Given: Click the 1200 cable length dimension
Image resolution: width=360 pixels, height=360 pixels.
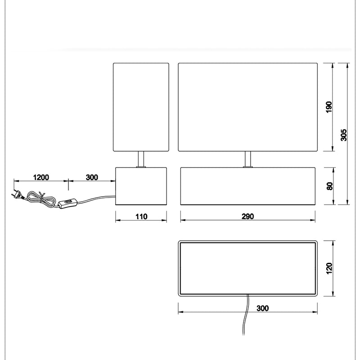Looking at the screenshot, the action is tap(41, 177).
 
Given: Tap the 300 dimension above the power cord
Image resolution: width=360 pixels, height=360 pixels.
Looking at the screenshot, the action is tap(92, 177).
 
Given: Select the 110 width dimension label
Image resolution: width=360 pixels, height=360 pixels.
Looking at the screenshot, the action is tap(141, 216).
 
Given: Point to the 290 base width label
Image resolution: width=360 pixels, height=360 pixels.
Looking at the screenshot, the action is tap(248, 216).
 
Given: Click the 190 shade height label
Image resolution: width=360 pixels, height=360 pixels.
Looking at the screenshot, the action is tap(329, 107).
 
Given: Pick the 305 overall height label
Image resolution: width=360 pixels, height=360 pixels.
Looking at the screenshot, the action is tap(343, 135).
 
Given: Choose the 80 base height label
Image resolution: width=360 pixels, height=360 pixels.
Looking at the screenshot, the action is tap(329, 186).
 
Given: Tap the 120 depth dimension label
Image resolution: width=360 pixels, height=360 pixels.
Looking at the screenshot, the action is tap(329, 268).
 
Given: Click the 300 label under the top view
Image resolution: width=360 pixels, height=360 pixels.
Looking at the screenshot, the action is tap(262, 308).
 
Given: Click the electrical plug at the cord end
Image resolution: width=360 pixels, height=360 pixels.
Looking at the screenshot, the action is tap(17, 194).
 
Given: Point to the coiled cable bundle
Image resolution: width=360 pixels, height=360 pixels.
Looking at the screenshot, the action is tap(41, 199).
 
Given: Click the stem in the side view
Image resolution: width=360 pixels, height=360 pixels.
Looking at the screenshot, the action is tap(141, 159).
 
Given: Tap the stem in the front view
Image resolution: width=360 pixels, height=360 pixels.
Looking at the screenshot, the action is tap(248, 159).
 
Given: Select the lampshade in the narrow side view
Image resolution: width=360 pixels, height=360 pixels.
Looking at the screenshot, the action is tap(141, 107).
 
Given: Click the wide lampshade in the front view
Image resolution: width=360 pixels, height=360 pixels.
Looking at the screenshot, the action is tap(248, 107).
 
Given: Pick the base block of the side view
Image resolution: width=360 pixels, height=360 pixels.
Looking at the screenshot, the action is tap(141, 186).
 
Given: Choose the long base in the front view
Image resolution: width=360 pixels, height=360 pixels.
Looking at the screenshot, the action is tap(248, 186).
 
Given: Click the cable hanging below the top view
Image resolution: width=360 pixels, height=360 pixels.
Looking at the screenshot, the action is tap(246, 315).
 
